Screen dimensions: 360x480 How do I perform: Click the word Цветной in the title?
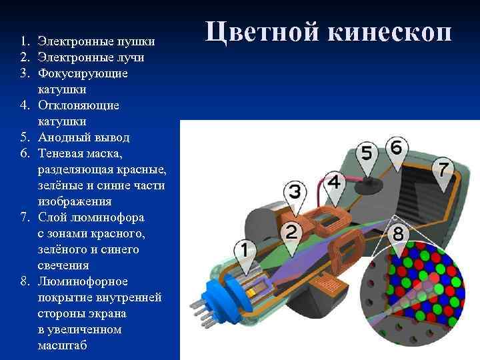[258, 32]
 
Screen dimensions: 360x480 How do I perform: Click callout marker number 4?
[335, 182]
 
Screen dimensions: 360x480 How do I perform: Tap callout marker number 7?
[444, 169]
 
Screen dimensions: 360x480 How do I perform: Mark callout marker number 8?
[398, 235]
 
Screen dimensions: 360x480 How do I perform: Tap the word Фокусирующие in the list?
[74, 73]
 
